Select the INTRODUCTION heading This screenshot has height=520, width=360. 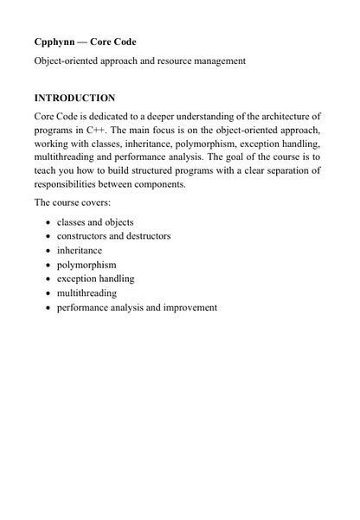74,98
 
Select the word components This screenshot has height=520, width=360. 158,185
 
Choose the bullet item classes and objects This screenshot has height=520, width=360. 95,221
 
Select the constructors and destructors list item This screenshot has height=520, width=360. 113,235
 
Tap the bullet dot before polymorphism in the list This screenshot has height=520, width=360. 48,265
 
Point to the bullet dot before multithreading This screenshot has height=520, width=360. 48,293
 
